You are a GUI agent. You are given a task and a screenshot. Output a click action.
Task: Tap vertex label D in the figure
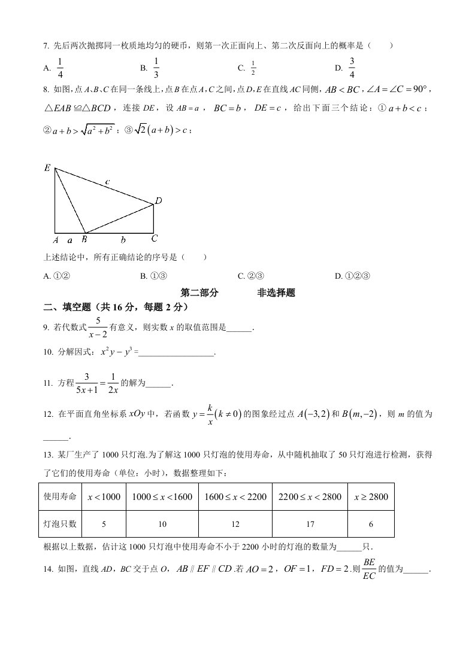point(159,202)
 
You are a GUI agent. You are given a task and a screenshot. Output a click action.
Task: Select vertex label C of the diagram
point(154,239)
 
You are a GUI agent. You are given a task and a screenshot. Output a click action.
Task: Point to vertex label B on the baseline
point(84,239)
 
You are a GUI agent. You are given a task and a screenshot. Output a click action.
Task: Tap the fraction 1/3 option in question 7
point(156,68)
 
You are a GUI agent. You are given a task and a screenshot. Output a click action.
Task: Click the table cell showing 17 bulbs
point(310,524)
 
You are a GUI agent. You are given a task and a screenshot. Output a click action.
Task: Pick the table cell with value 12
point(235,524)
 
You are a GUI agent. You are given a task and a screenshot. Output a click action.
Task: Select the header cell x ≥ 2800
point(371,497)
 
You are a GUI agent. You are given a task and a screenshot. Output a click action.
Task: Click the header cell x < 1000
point(104,497)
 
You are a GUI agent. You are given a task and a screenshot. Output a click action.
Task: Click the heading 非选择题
point(276,293)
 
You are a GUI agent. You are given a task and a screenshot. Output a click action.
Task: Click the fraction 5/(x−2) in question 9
point(98,328)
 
